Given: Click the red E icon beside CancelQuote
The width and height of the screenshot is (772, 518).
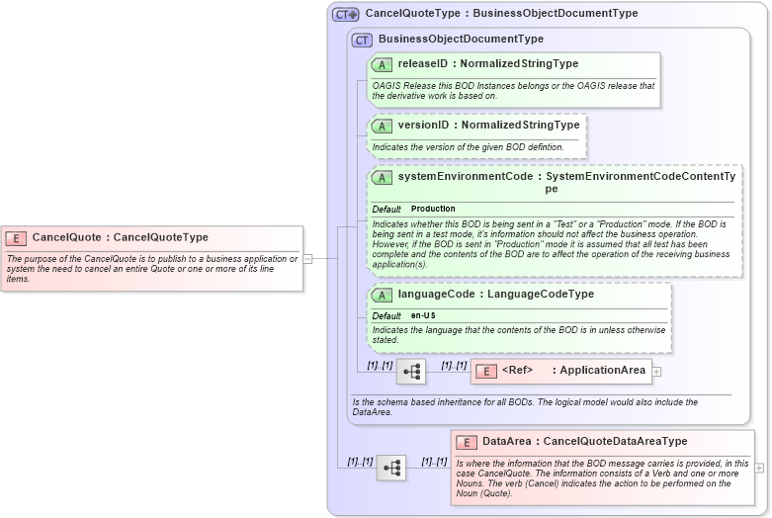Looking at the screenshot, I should pos(16,237).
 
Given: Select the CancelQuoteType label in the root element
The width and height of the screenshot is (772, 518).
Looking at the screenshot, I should pos(161,237).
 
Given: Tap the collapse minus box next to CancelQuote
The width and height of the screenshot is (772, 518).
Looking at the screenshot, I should pos(307,258).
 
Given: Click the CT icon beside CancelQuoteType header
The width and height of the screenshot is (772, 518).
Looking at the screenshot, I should pos(345,14).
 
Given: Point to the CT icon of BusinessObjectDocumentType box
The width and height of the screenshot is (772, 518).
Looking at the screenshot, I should pos(362,40).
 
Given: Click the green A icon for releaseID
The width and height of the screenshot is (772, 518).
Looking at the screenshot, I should pos(382,65).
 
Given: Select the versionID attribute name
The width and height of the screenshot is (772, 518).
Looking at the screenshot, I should pos(427,126).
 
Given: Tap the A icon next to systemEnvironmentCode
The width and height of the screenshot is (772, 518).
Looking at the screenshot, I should pos(382,178).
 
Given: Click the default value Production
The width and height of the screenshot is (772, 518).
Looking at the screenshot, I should pos(433,210).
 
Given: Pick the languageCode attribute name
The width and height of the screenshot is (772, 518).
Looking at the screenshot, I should pos(441,295).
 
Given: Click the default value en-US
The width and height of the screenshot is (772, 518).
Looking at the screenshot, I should pos(423,315).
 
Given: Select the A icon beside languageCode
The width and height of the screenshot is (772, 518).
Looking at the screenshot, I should pos(382,295).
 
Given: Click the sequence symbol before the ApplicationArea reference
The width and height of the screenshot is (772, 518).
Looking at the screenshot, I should pos(410,372).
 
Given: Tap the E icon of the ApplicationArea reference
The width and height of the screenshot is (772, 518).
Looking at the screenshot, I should pos(485,371).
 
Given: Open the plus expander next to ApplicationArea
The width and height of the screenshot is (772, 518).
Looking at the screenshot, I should pos(656,372).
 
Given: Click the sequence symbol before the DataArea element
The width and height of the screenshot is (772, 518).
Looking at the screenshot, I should pos(390,468).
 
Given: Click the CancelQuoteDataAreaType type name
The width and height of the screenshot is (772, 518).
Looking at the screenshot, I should pos(616,442).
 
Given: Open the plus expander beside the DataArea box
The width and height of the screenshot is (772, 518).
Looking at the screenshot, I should pos(759,468).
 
